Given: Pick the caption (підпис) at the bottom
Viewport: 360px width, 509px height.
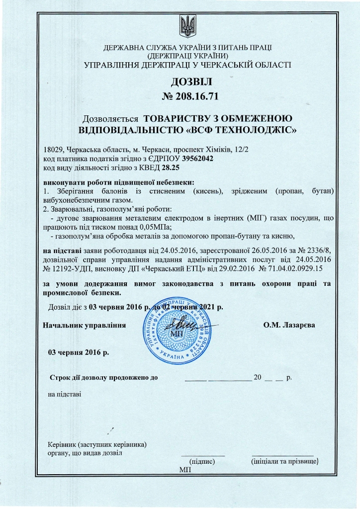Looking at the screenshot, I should (202, 462).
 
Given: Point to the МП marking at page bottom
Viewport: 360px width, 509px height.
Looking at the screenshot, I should (184, 470).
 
